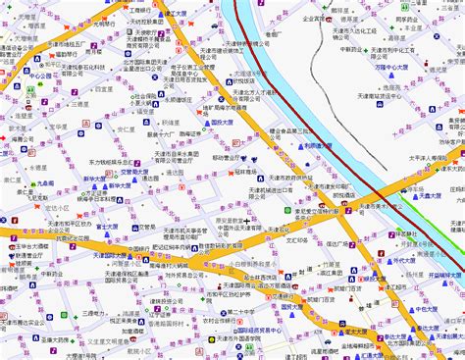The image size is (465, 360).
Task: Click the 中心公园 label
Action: coord(39,75)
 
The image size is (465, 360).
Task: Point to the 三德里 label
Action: coord(94,314)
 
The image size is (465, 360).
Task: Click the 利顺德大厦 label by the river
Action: coord(318,146)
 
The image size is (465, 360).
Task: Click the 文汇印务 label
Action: coord(298,237)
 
